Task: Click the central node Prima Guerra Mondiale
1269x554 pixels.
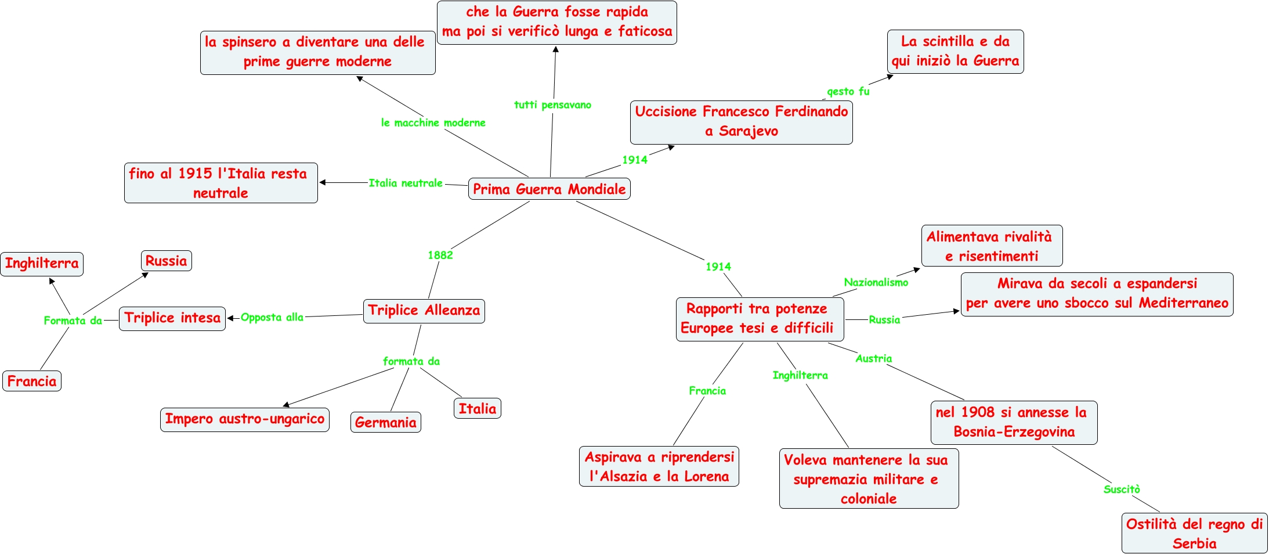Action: [549, 189]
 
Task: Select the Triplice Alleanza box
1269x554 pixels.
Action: [424, 311]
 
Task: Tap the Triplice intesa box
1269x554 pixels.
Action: [172, 318]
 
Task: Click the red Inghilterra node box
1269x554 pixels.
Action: [42, 264]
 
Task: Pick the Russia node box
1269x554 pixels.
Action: [166, 261]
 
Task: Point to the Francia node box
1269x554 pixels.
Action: [32, 381]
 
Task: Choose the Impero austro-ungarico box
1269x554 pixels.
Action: [244, 419]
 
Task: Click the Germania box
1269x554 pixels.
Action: [385, 422]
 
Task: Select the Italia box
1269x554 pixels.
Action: [477, 408]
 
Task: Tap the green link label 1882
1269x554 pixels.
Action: [440, 255]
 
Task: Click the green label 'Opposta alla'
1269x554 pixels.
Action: [272, 317]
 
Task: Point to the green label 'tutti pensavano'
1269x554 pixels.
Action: [552, 105]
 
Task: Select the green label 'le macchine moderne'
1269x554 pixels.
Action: [433, 123]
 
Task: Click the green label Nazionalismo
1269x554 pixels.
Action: [876, 282]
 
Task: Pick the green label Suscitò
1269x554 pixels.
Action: [1122, 489]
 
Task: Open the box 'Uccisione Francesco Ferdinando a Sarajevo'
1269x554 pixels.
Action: [741, 122]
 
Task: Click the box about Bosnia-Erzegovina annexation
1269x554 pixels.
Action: [1014, 423]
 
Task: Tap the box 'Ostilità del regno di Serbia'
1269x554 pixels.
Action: [1194, 533]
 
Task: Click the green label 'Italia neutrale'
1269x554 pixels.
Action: [406, 183]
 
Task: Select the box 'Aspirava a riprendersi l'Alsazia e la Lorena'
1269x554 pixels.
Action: [659, 466]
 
